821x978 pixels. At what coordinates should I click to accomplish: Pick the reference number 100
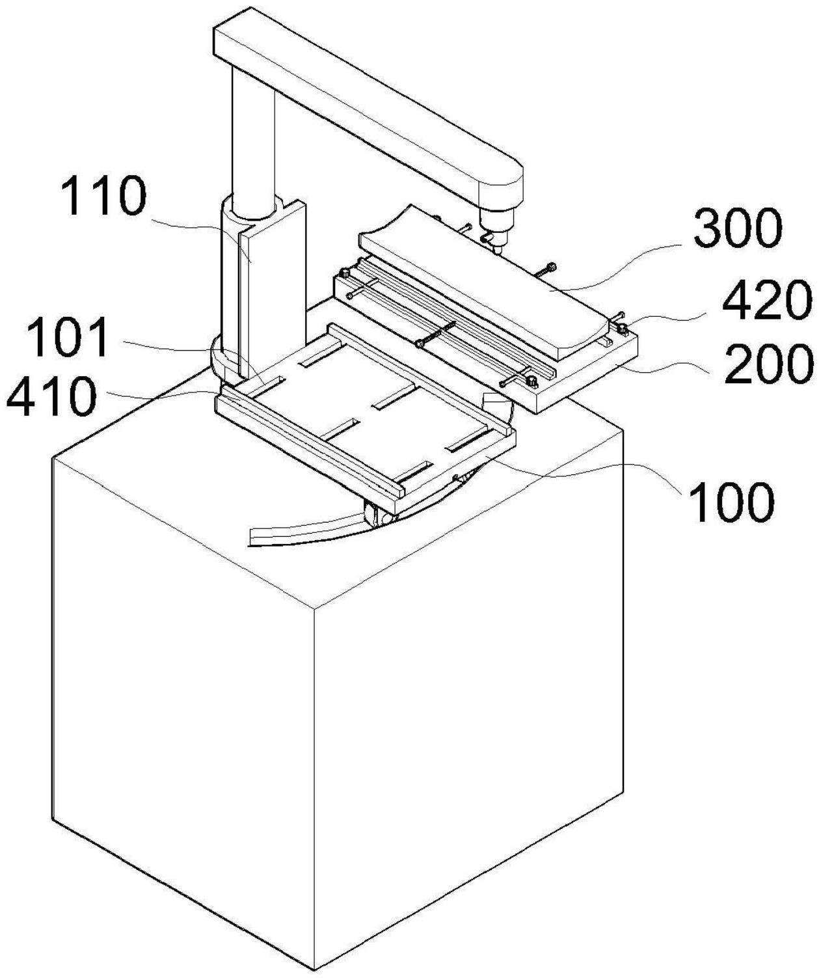(x=732, y=502)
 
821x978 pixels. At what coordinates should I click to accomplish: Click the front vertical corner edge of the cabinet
(x=315, y=781)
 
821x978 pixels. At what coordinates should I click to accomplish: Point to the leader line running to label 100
(x=585, y=474)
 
